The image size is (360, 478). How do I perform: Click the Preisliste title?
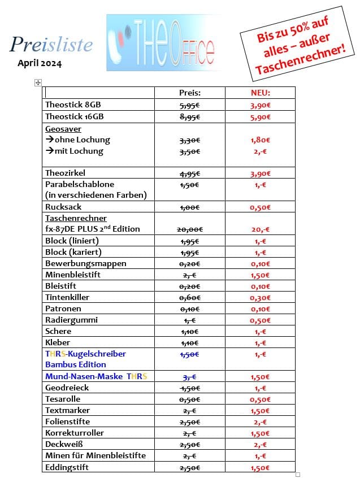tap(51, 44)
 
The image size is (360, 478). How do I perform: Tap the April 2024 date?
tap(40, 63)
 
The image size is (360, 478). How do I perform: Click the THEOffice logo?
tap(164, 43)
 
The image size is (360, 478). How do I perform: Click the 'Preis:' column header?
tap(190, 93)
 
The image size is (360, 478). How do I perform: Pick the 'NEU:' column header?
tap(260, 93)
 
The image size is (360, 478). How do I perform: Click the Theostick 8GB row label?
tap(73, 105)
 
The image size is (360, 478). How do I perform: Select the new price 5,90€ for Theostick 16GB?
tap(260, 117)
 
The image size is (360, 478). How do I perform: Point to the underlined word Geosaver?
tap(63, 129)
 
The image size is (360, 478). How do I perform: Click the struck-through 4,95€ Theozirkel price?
tap(190, 173)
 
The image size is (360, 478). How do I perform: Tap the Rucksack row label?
tap(63, 207)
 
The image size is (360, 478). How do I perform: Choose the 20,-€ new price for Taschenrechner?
tap(260, 229)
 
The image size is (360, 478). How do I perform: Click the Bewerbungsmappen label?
tap(86, 263)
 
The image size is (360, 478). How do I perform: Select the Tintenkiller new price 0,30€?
tap(260, 297)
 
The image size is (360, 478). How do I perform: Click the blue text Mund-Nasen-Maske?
tap(84, 376)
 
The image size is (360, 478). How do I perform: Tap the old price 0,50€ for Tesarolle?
tap(190, 399)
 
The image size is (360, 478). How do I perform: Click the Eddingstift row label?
tap(67, 467)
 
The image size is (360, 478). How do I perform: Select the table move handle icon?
tap(38, 82)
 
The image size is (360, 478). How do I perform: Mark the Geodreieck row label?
tap(67, 388)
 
